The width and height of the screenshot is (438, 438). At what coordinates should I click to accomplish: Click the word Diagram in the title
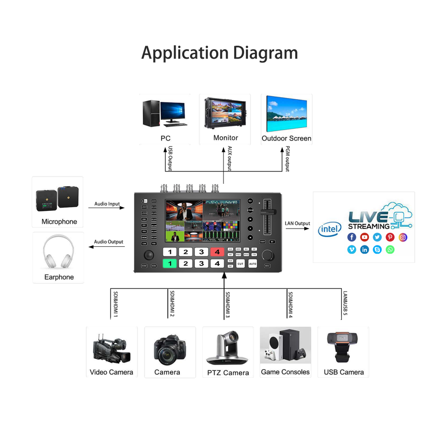pos(266,53)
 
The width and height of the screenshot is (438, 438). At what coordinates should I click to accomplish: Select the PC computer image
pos(164,112)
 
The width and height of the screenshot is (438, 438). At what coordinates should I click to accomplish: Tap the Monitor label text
pos(225,138)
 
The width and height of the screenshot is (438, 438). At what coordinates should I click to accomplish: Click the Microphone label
pos(59,222)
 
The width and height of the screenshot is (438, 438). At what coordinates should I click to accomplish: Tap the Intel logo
pos(329,229)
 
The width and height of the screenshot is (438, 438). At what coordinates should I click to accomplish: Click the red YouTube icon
pos(364,237)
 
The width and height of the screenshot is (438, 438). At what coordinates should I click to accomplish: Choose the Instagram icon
pos(403,237)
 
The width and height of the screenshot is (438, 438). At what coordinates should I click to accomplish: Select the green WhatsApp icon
pos(390,250)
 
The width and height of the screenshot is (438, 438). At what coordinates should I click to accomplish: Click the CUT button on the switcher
pos(240,264)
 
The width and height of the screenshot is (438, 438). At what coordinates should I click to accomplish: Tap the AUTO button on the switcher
pos(252,264)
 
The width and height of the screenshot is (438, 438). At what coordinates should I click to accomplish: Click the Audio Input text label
pos(107,204)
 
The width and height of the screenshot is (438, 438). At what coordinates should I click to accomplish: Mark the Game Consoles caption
pos(285,372)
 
